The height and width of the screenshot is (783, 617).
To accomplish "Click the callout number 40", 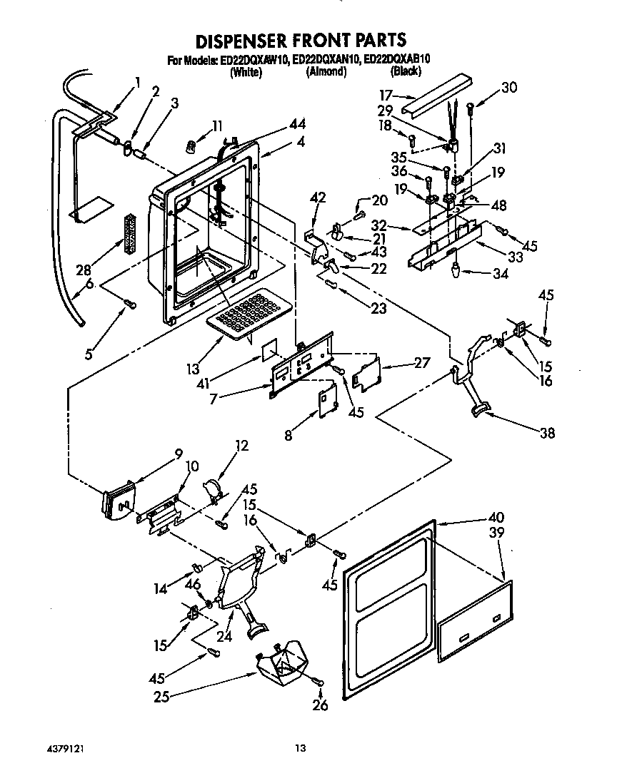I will [x=496, y=518].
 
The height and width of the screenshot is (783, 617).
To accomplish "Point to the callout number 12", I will [x=242, y=446].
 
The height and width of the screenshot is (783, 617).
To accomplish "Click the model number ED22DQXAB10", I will [x=397, y=61].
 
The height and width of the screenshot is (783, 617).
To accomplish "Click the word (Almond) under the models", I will [x=326, y=72].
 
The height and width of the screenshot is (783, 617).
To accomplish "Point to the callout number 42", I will [x=318, y=199].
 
